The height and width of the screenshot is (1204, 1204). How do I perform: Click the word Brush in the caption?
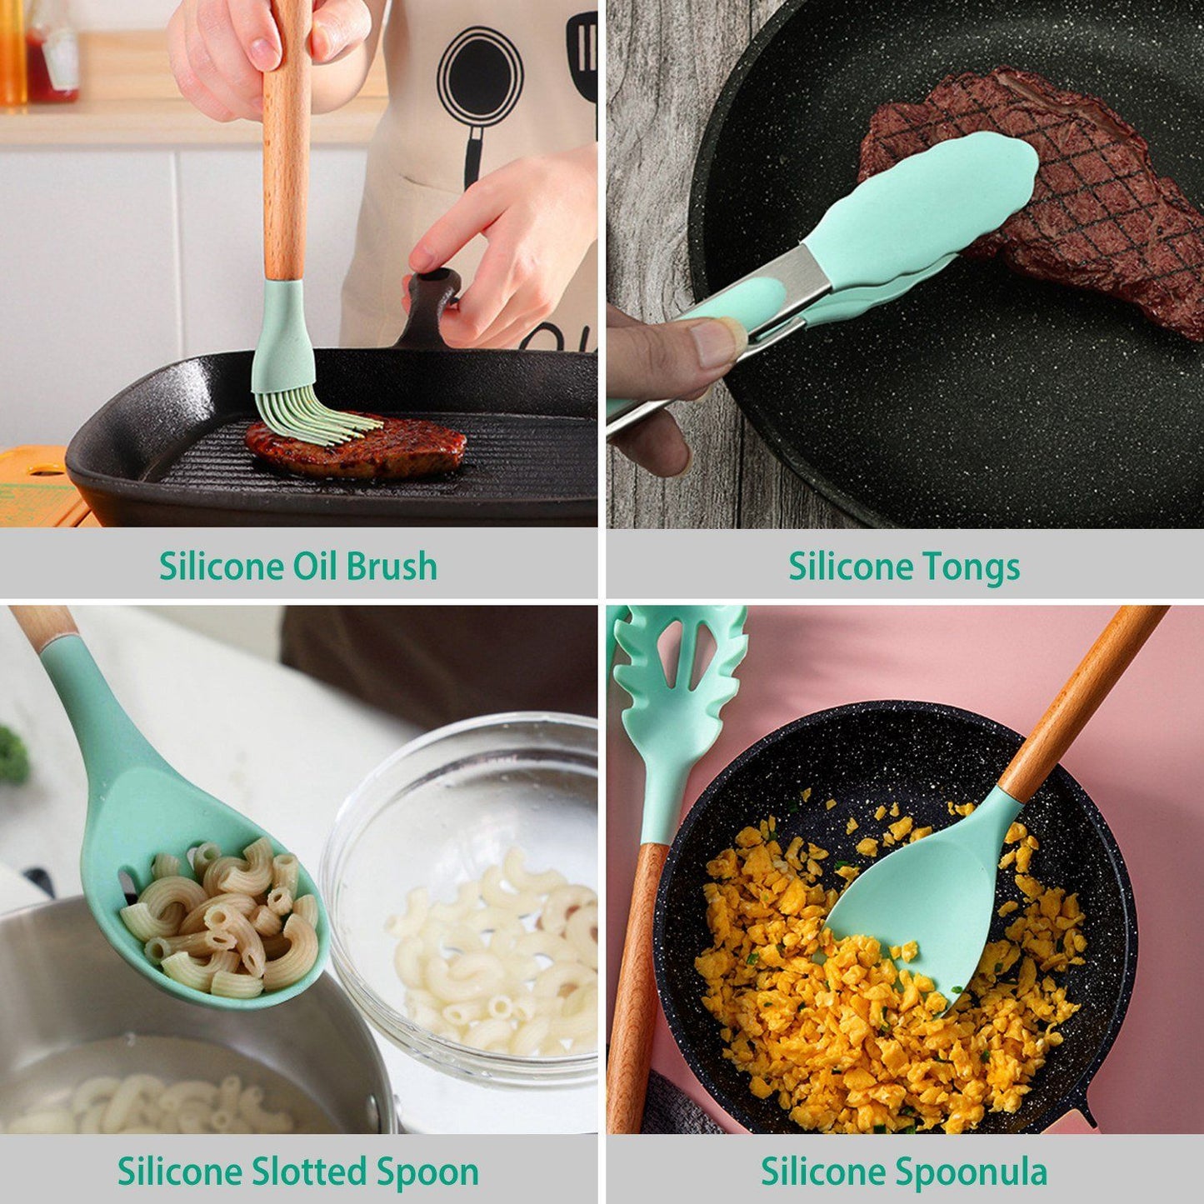(x=392, y=567)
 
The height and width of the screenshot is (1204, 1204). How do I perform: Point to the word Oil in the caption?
(x=314, y=567)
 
